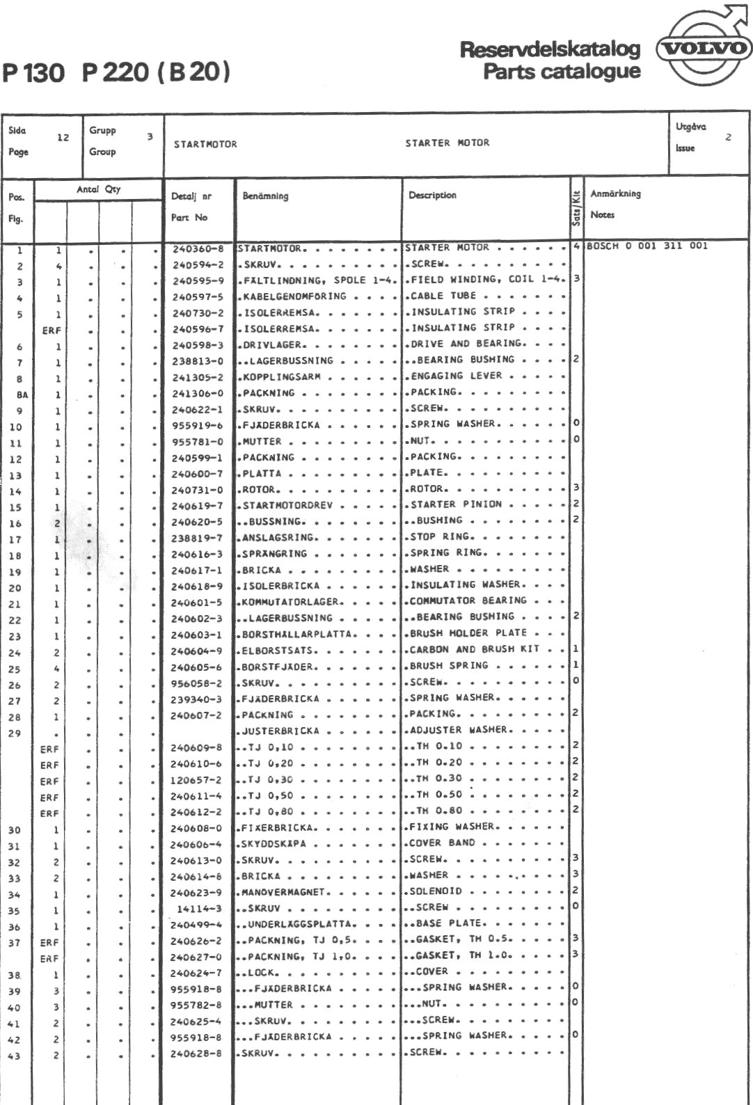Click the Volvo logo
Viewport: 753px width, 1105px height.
(x=704, y=47)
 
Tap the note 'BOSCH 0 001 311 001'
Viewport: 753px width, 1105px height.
(x=647, y=246)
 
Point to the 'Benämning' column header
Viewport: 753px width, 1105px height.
(x=265, y=197)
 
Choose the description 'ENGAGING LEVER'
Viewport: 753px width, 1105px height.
(x=456, y=376)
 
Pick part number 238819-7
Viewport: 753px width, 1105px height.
(x=198, y=538)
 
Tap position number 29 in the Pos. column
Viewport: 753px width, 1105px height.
(x=15, y=733)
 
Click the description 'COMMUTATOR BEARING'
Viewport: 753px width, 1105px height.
(x=468, y=601)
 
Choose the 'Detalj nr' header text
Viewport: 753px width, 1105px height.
(x=191, y=197)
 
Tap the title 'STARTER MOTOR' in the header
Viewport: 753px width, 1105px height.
(x=447, y=143)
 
